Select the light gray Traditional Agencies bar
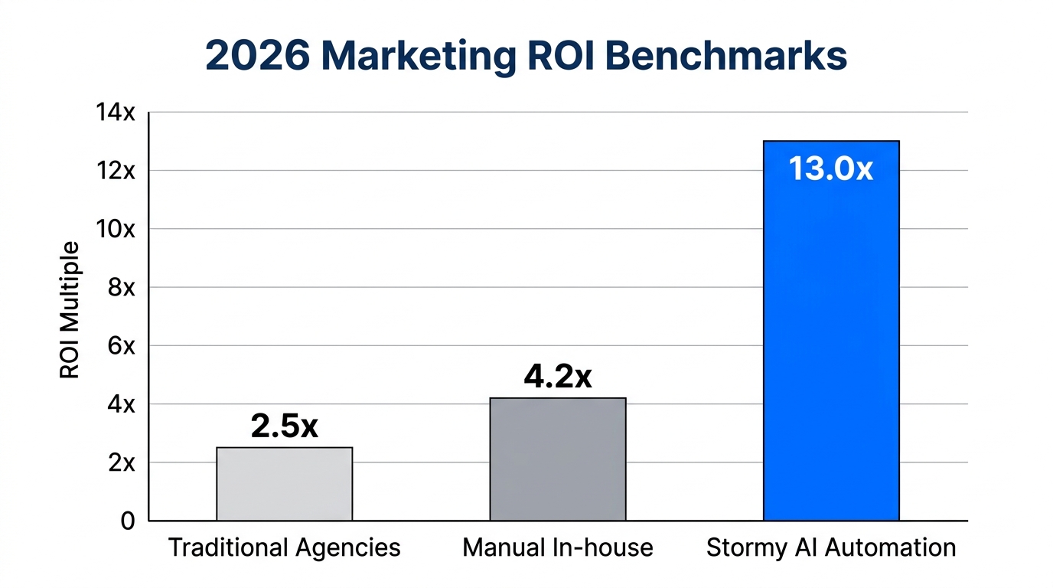pyautogui.click(x=285, y=484)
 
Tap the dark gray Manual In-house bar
pyautogui.click(x=558, y=459)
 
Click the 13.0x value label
pyautogui.click(x=831, y=169)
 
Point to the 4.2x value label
pyautogui.click(x=558, y=377)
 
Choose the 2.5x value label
pyautogui.click(x=285, y=426)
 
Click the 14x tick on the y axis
pyautogui.click(x=115, y=113)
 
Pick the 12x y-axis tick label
pyautogui.click(x=115, y=171)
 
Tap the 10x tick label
pyautogui.click(x=115, y=229)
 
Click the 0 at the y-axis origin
pyautogui.click(x=127, y=521)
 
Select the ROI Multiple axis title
pyautogui.click(x=70, y=310)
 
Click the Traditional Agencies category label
pyautogui.click(x=284, y=548)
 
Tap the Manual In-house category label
pyautogui.click(x=558, y=548)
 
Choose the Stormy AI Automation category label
pyautogui.click(x=831, y=548)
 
